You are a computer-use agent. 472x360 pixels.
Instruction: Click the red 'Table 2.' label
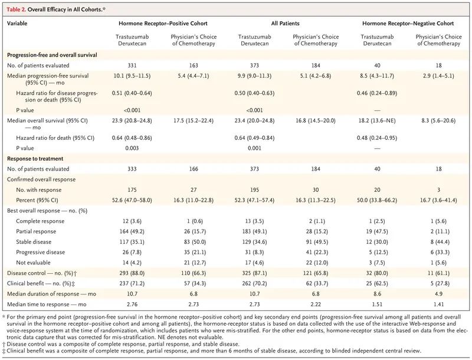pyautogui.click(x=17, y=9)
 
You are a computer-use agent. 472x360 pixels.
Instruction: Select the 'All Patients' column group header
pyautogui.click(x=285, y=23)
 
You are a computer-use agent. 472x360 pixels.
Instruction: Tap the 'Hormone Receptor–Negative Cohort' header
pyautogui.click(x=408, y=23)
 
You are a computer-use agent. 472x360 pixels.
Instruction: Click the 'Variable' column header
pyautogui.click(x=17, y=23)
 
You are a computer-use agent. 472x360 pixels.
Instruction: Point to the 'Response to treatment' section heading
pyautogui.click(x=35, y=159)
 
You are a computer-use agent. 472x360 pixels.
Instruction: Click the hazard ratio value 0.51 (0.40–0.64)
pyautogui.click(x=132, y=93)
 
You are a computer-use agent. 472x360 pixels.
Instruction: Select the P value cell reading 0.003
pyautogui.click(x=132, y=148)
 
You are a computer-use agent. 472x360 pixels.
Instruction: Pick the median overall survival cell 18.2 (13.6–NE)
pyautogui.click(x=377, y=121)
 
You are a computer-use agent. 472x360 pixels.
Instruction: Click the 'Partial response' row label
pyautogui.click(x=36, y=231)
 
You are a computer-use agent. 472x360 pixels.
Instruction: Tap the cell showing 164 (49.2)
pyautogui.click(x=132, y=231)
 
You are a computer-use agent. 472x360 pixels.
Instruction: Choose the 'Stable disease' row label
pyautogui.click(x=34, y=242)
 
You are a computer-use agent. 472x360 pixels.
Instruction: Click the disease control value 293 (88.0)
pyautogui.click(x=132, y=273)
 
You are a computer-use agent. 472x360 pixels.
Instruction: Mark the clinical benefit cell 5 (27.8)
pyautogui.click(x=438, y=283)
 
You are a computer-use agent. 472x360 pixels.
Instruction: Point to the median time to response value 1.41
pyautogui.click(x=438, y=304)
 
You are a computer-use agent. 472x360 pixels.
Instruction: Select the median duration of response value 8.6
pyautogui.click(x=377, y=294)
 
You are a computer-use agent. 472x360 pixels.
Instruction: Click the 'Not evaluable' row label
pyautogui.click(x=33, y=263)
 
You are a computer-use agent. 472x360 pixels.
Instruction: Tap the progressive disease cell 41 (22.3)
pyautogui.click(x=316, y=252)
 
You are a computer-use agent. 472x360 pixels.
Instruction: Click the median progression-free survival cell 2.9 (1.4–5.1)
pyautogui.click(x=438, y=76)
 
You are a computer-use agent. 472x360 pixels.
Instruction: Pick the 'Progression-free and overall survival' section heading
pyautogui.click(x=52, y=55)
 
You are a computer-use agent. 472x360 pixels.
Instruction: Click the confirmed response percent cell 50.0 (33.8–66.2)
pyautogui.click(x=377, y=200)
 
